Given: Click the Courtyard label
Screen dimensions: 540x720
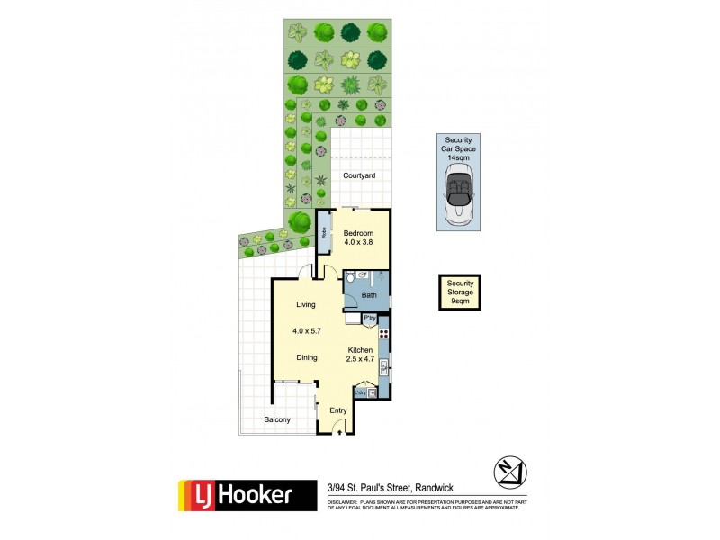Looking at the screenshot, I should (358, 176).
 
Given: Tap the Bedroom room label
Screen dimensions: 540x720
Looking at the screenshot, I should (358, 233).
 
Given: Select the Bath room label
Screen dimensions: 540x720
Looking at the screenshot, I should (369, 294).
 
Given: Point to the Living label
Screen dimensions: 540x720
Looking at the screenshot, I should (306, 305).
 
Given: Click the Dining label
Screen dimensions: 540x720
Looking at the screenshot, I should (308, 357).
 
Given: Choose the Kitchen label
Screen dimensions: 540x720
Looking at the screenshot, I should (360, 349).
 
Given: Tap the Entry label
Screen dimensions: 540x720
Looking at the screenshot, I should (338, 410).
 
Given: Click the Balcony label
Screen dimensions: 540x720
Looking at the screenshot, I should (276, 420).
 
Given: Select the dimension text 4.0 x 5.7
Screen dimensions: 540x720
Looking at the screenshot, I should (308, 331).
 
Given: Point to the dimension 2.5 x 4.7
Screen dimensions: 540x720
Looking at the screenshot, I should (360, 359).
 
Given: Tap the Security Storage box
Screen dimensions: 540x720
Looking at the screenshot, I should (460, 292).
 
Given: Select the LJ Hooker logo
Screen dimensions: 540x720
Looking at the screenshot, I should (247, 494).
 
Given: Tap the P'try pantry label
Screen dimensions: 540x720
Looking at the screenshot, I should (369, 318).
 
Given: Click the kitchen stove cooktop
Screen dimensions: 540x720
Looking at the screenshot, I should (383, 333).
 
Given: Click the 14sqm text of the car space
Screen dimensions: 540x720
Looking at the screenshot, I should (459, 158).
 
